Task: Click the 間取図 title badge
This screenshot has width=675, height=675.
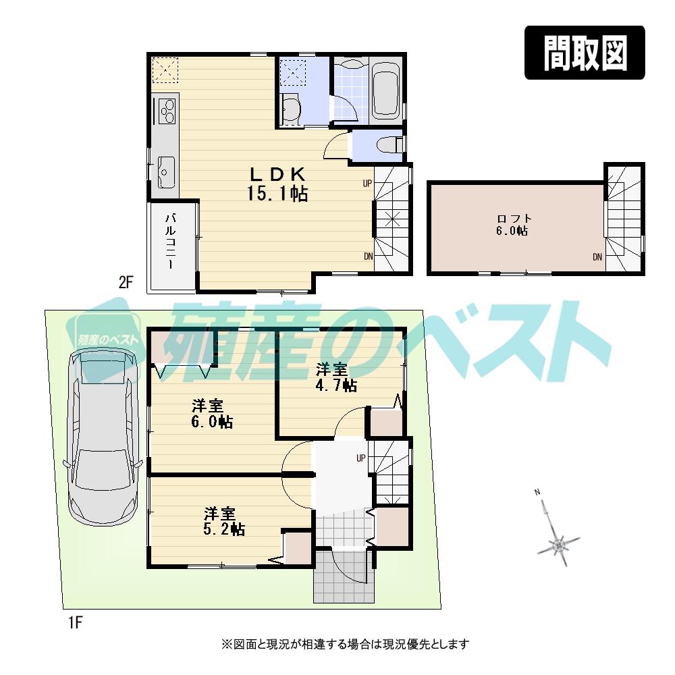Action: coord(585,53)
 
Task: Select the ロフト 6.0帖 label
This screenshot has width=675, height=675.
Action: coord(514,224)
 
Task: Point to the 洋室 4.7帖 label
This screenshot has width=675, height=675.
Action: coord(335,377)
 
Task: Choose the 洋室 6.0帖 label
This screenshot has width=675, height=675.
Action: coord(211,414)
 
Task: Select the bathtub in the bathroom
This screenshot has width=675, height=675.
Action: coord(386,91)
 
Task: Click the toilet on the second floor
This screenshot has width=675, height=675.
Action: coord(389,144)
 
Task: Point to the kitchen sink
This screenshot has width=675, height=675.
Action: coord(166,172)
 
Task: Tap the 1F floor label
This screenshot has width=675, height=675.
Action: coord(74,622)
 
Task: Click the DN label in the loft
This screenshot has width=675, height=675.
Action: coord(597,256)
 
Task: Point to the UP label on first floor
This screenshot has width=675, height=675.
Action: coord(361,458)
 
